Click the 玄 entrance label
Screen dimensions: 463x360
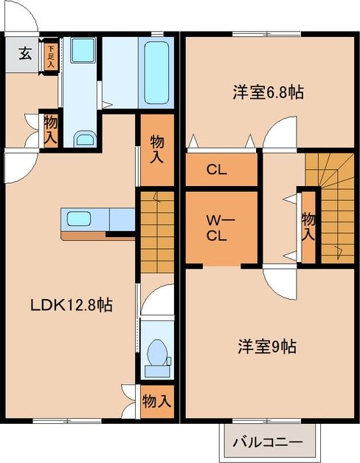coord(24,53)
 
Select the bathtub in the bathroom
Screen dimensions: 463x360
coord(156,72)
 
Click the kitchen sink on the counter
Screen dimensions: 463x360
coord(77,218)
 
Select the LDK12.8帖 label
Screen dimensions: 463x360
coord(71,304)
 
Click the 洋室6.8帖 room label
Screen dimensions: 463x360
coord(258,92)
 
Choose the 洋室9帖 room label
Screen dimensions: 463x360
coord(266,345)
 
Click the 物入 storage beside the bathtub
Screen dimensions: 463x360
coord(156,149)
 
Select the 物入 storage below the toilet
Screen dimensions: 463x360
coord(156,402)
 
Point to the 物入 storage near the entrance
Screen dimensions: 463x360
coord(50,128)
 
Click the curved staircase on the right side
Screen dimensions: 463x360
coord(330,207)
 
